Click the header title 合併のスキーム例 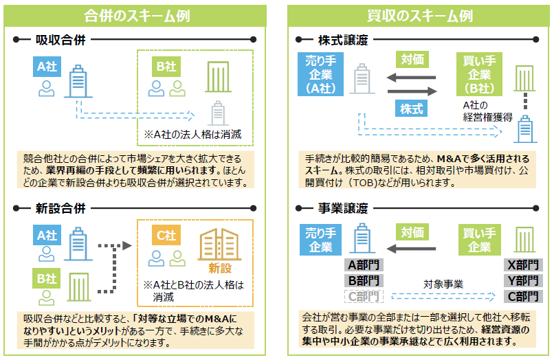point(137,15)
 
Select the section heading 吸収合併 point(60,40)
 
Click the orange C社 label point(166,234)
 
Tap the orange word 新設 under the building point(219,267)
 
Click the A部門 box point(362,265)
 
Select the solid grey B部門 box point(362,280)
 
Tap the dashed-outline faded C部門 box point(362,296)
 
